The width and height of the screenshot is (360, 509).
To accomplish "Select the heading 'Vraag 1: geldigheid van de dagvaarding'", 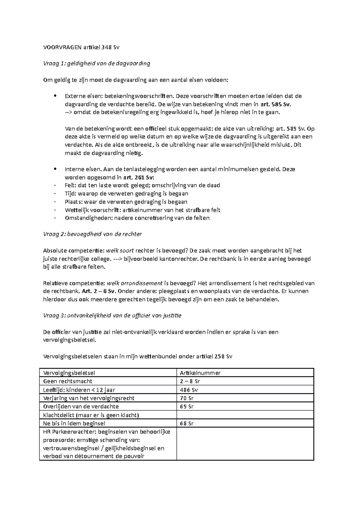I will (x=97, y=63).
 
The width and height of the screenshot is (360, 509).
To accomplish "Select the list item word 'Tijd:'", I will (x=71, y=194).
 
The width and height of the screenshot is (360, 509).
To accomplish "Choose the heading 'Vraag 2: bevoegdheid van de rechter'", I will (x=92, y=234).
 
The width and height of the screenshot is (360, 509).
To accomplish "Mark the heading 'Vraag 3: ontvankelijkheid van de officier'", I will (x=112, y=315).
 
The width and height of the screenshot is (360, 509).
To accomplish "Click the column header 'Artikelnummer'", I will (x=200, y=373).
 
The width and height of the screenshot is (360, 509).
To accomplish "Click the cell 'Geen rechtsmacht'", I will (x=68, y=381).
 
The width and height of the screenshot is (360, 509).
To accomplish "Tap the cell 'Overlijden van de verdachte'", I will (x=81, y=406).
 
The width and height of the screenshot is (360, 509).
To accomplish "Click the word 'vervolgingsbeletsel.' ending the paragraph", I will (x=70, y=340).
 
